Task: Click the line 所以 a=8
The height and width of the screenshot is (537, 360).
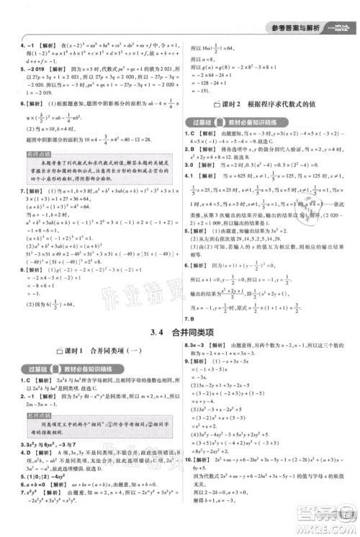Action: (x=202, y=60)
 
